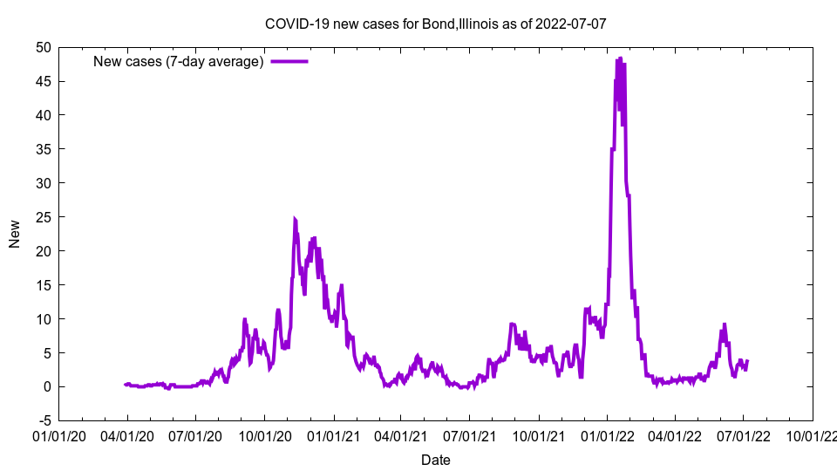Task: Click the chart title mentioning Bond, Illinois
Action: point(435,24)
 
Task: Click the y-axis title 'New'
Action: point(15,234)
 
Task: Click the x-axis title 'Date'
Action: point(435,460)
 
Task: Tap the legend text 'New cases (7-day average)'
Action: point(179,61)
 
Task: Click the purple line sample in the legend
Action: point(289,61)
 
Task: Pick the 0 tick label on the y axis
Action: point(47,386)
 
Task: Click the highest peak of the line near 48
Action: point(620,58)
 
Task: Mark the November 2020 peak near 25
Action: point(295,219)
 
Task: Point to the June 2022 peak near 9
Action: point(724,324)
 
